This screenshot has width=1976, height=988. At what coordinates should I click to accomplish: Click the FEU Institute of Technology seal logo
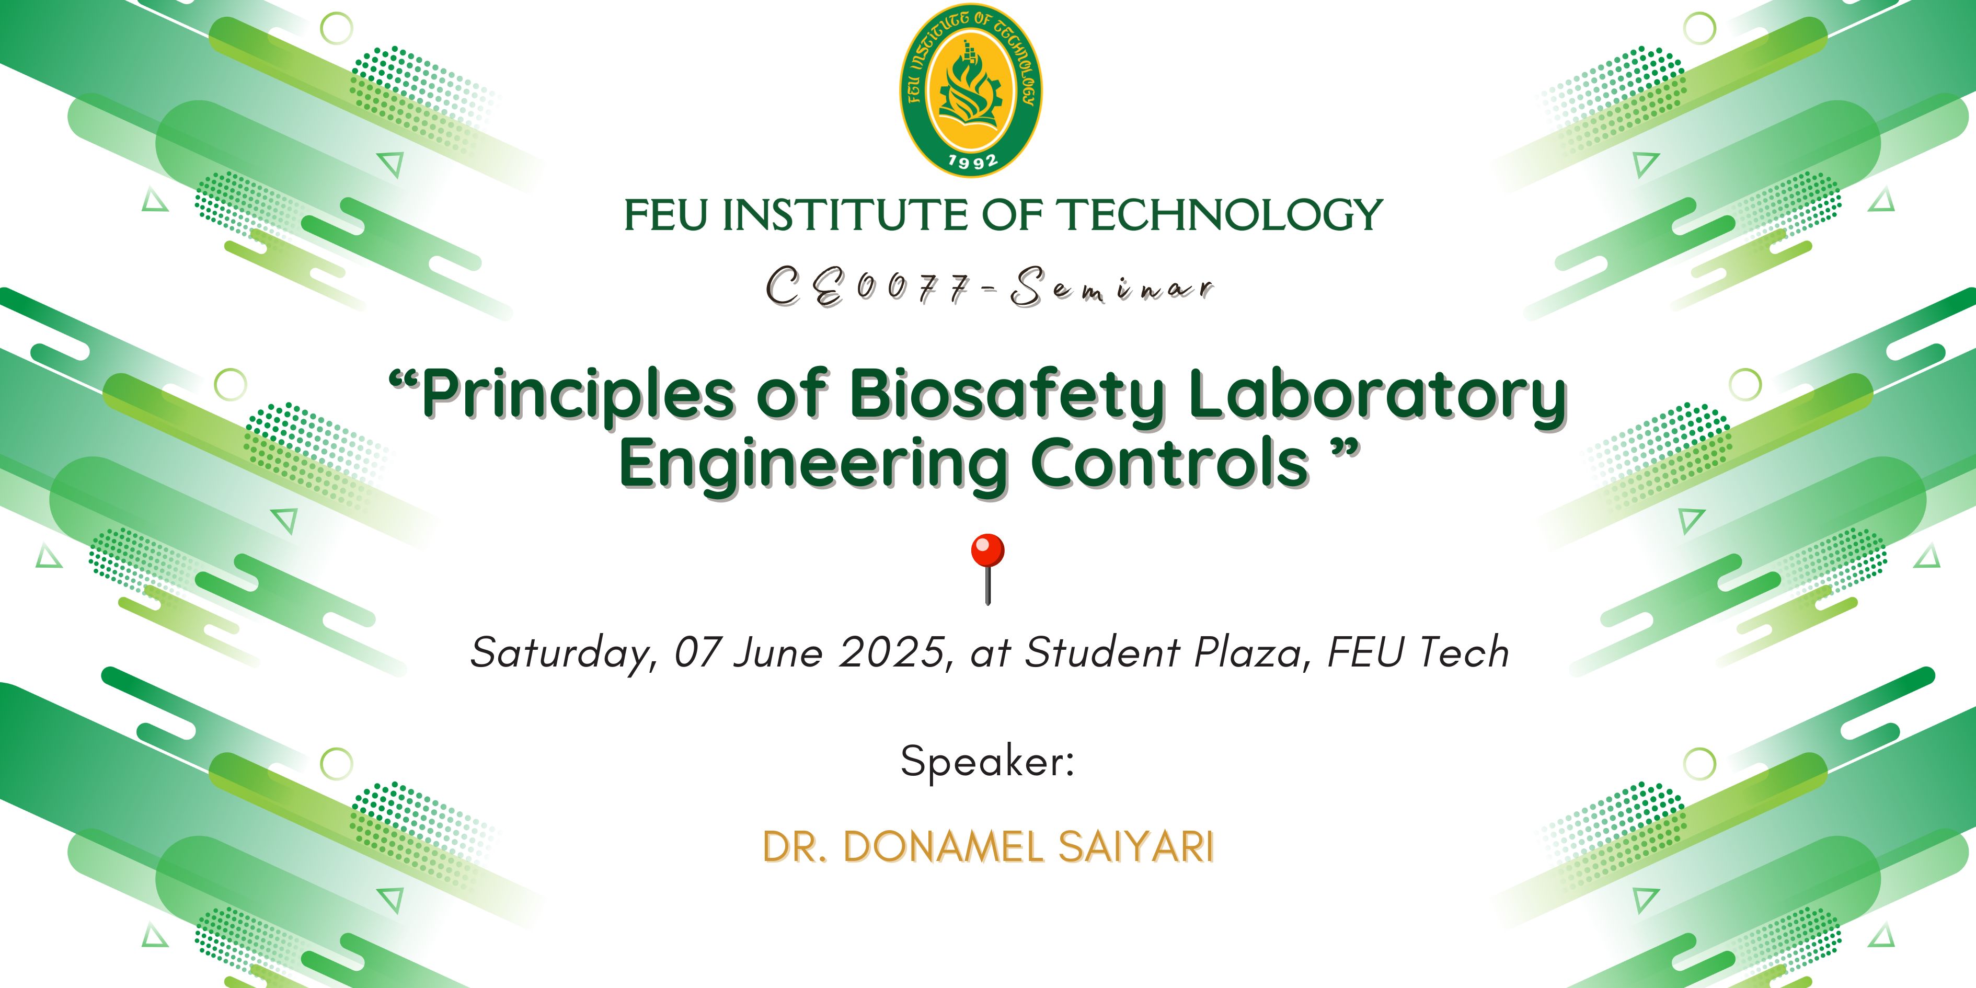pyautogui.click(x=971, y=90)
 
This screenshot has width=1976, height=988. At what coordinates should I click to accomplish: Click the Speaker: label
pyautogui.click(x=988, y=763)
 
